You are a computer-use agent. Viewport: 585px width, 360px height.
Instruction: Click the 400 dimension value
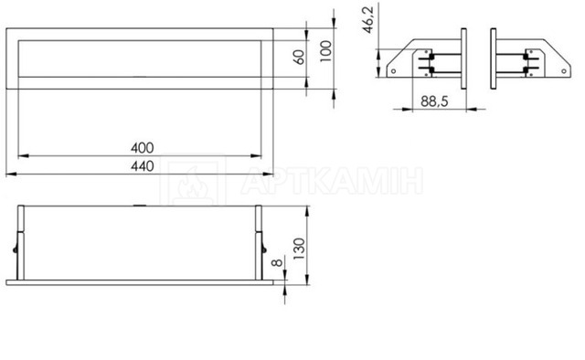click(x=143, y=148)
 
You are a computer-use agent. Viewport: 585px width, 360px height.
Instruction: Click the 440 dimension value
click(x=143, y=166)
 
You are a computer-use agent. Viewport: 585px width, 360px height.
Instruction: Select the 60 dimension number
click(x=299, y=58)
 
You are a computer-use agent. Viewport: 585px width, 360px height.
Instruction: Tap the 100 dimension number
click(x=325, y=51)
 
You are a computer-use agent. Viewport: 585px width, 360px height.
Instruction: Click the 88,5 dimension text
click(x=434, y=101)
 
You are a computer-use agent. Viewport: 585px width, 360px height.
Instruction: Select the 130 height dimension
click(x=299, y=249)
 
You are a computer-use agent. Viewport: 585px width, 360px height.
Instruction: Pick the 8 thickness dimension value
click(x=277, y=262)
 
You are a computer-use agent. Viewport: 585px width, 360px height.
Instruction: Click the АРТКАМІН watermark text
click(x=332, y=181)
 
